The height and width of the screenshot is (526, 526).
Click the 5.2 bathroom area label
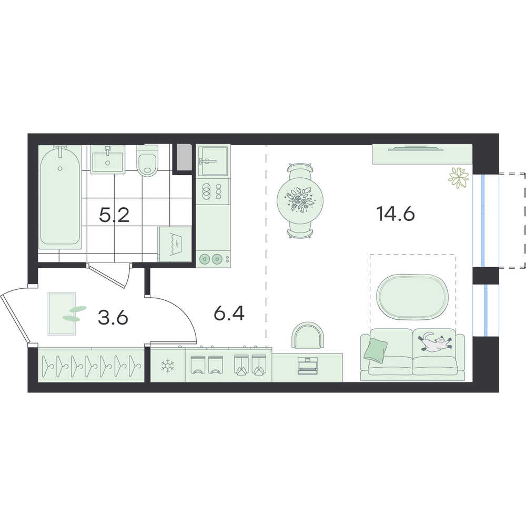tap(114, 215)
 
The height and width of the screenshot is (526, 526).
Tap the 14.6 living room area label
tap(396, 214)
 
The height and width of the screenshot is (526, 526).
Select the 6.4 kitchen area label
tap(229, 313)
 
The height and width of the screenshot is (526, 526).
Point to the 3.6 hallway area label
tap(113, 317)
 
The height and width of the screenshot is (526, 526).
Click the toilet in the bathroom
tap(147, 160)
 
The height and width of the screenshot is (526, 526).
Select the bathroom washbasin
tap(108, 159)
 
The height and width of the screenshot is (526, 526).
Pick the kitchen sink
tap(213, 160)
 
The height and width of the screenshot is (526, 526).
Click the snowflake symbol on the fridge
tap(166, 366)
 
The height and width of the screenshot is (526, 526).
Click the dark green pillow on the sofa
tap(376, 350)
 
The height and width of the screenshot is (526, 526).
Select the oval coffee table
tap(412, 296)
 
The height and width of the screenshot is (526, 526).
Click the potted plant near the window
tap(458, 177)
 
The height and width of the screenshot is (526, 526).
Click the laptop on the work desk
tap(307, 366)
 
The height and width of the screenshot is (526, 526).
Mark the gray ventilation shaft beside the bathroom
tap(184, 157)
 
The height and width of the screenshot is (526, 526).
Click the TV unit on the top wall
tap(422, 154)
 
